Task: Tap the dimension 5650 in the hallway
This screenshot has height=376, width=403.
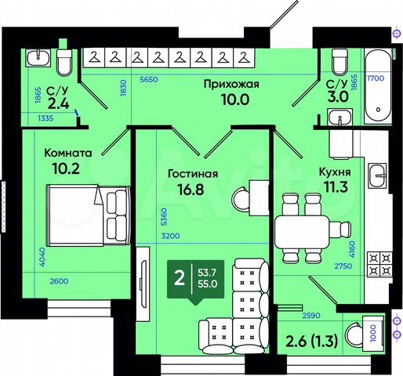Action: tap(149, 79)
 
